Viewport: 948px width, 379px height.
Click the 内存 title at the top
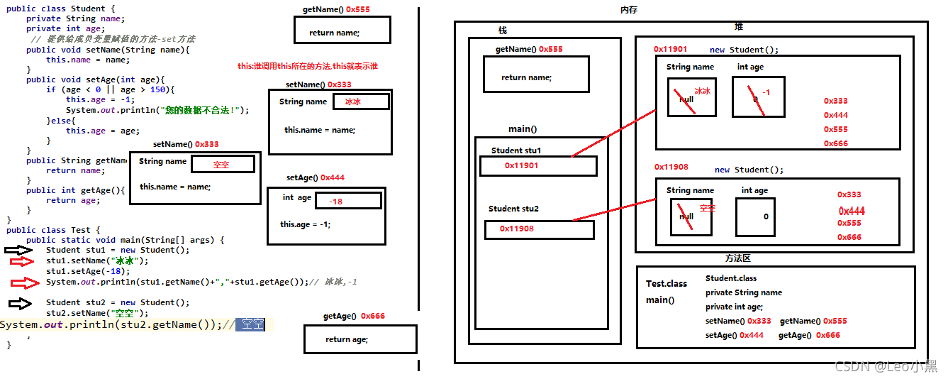pyautogui.click(x=628, y=10)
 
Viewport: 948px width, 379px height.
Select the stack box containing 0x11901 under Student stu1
pyautogui.click(x=538, y=165)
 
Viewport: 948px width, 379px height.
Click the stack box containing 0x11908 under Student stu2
pyautogui.click(x=539, y=229)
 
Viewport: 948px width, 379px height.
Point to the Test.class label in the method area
pyautogui.click(x=666, y=284)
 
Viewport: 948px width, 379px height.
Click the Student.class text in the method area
pyautogui.click(x=730, y=278)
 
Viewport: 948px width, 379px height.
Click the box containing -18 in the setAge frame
pyautogui.click(x=347, y=201)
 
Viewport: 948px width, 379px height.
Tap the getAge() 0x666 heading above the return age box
pyautogui.click(x=354, y=316)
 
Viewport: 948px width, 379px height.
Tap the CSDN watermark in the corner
pyautogui.click(x=886, y=366)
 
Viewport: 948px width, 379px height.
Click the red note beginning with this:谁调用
pyautogui.click(x=307, y=66)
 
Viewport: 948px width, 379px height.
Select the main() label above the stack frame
pyautogui.click(x=522, y=129)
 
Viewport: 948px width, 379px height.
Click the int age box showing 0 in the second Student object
pyautogui.click(x=759, y=216)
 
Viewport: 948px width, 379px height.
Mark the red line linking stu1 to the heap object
pyautogui.click(x=613, y=133)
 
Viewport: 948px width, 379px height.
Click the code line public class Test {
pyautogui.click(x=53, y=230)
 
